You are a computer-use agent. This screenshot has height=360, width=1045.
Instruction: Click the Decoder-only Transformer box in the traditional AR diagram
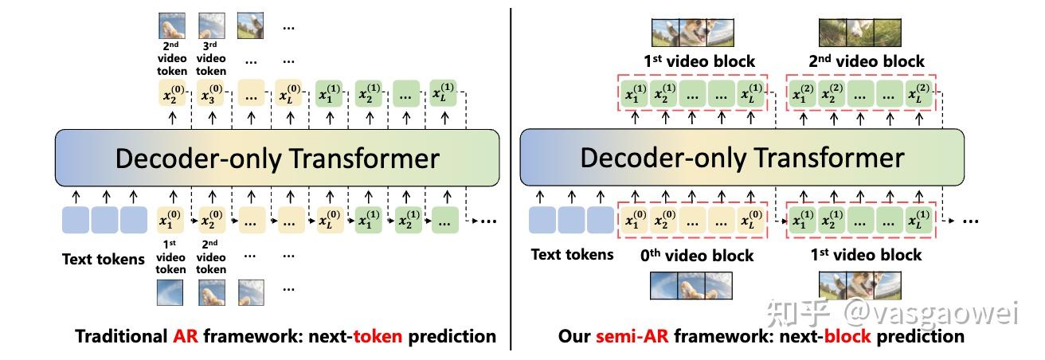coord(276,158)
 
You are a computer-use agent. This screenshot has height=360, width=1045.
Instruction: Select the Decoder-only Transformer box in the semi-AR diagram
coord(742,157)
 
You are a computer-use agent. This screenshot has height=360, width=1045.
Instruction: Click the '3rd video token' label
coord(211,58)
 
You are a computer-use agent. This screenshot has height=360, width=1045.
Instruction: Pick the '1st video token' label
coord(170,256)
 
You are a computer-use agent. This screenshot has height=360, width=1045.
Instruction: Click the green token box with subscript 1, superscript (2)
coord(804,95)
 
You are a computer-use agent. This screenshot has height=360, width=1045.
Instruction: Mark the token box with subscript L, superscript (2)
coord(918,95)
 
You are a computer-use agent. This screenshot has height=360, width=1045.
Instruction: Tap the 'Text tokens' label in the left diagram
coord(104,259)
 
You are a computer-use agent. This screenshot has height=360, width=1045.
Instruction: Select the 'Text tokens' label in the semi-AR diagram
coord(572,254)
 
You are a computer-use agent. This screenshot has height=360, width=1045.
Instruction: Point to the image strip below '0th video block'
coord(689,285)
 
